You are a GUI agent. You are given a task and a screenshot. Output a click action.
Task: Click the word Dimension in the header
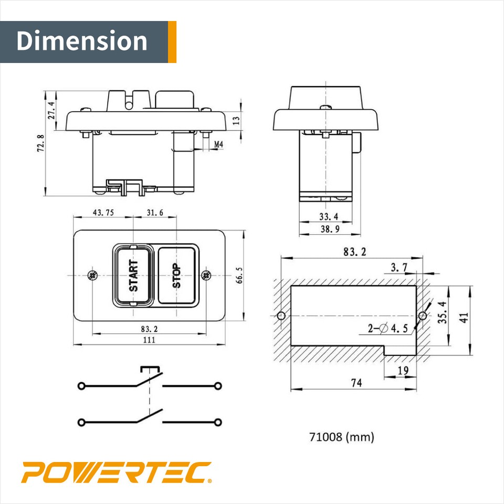coord(82,41)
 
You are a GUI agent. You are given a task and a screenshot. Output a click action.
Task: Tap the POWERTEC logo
coord(116,472)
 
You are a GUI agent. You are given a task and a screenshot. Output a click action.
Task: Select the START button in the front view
coord(133,276)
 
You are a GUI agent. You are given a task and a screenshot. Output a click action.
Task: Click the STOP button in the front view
coord(177,276)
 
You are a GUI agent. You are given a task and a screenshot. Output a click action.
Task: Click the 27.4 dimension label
coord(51,111)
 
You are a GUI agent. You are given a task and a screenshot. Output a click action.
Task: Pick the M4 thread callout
coord(218,144)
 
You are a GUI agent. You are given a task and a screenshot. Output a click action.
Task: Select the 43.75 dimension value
coord(103,213)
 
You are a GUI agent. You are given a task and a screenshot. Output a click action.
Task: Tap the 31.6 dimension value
coord(155,213)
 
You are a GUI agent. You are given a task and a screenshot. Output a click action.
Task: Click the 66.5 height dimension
coord(239,275)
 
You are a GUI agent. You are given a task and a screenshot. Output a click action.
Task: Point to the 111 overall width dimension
coord(149,340)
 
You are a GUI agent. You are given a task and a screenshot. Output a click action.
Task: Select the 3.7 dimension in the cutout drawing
coord(399,268)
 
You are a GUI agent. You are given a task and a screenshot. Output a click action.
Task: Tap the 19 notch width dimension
coord(403,371)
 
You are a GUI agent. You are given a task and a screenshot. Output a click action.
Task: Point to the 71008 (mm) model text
coord(341,436)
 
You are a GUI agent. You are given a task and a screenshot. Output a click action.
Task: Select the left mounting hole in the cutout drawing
coord(281,316)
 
